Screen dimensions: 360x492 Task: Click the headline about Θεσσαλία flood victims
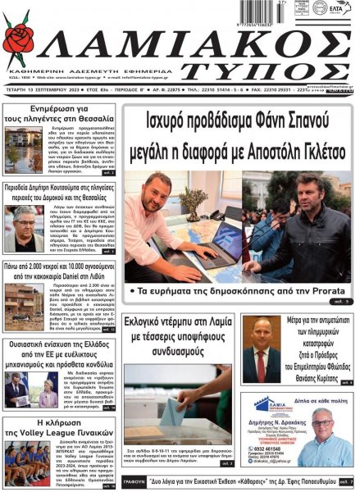tap(59, 113)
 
